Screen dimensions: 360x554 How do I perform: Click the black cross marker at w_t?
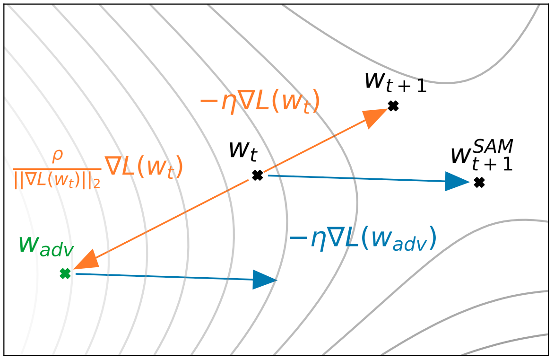[257, 176]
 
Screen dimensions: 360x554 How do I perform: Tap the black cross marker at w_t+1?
[393, 106]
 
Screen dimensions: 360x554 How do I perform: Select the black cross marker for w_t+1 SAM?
[479, 182]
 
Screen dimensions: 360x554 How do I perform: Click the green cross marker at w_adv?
[65, 273]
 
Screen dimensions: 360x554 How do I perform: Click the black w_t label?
[243, 150]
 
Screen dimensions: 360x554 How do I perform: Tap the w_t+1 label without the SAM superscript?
[395, 82]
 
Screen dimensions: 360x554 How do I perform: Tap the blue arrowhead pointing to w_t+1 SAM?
[457, 181]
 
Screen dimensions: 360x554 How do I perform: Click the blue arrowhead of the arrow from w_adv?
[264, 280]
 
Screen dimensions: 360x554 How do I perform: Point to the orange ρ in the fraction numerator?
[57, 156]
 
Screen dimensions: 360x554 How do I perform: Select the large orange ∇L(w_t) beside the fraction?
[143, 168]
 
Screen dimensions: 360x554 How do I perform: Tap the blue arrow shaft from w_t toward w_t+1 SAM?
[355, 178]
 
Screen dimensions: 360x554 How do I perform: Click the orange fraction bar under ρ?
[57, 168]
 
